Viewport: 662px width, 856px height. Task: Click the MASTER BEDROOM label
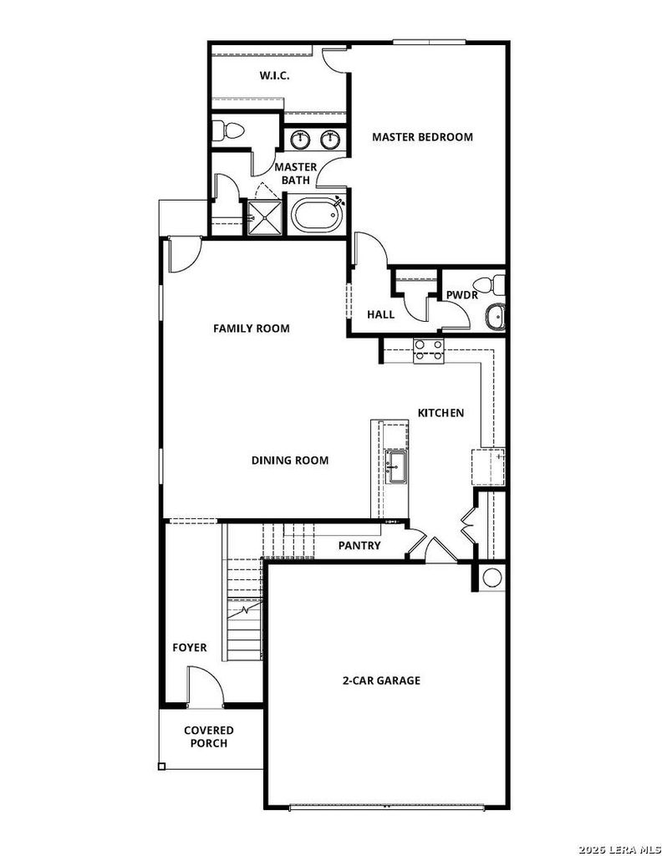(x=422, y=137)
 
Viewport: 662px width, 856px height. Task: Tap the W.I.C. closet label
(x=274, y=75)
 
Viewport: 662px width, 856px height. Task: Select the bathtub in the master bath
(x=315, y=216)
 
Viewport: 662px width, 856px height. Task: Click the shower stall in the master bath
(x=265, y=217)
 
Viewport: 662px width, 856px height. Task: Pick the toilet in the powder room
(x=490, y=284)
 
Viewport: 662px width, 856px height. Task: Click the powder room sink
(x=496, y=317)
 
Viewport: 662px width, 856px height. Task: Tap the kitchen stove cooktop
(x=429, y=352)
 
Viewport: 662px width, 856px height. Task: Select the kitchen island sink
(x=395, y=467)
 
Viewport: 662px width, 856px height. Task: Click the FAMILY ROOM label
(x=251, y=328)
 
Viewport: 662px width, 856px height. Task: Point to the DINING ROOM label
(x=290, y=461)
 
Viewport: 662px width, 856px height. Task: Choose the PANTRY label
(x=359, y=545)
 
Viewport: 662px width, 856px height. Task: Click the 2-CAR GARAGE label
(x=381, y=680)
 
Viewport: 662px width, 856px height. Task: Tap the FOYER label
(x=190, y=648)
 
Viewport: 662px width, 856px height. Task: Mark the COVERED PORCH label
(x=208, y=736)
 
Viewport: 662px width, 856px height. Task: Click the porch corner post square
(x=161, y=767)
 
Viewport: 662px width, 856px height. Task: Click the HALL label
(x=380, y=314)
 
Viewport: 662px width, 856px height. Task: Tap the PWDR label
(x=461, y=295)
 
